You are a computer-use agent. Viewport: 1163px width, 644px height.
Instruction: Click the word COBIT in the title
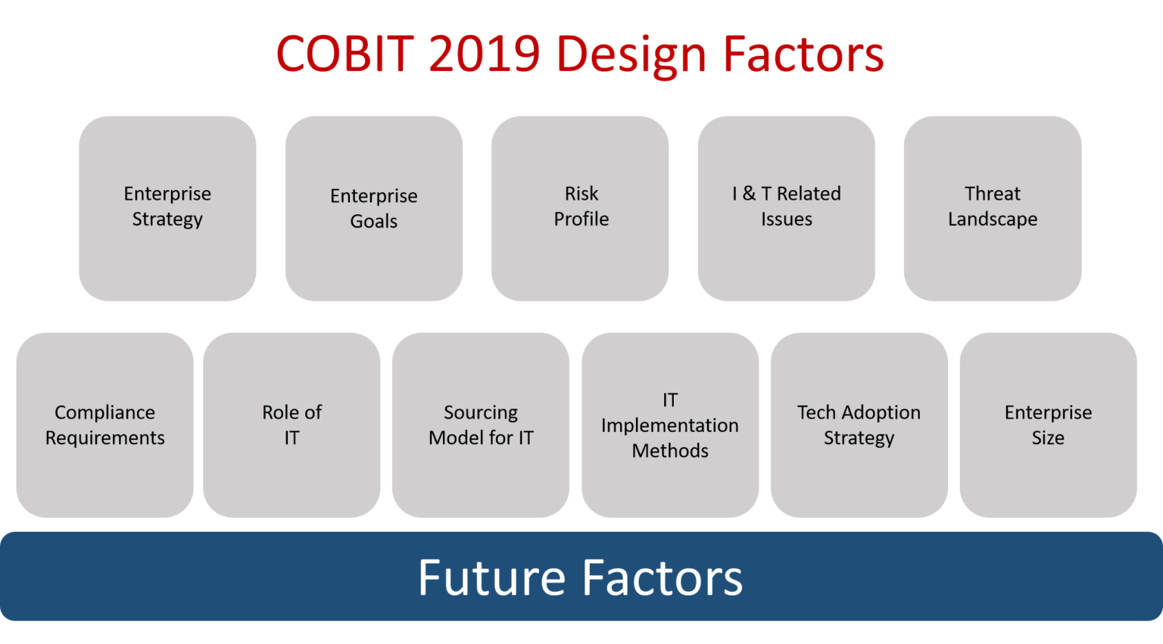pyautogui.click(x=345, y=54)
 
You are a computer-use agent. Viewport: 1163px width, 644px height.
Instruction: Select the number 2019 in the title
pyautogui.click(x=485, y=54)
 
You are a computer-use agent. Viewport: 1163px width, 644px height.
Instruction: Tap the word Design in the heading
pyautogui.click(x=631, y=56)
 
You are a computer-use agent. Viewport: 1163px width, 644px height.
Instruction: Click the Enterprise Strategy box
pyautogui.click(x=167, y=208)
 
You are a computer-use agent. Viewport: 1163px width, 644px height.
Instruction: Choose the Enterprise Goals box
pyautogui.click(x=374, y=208)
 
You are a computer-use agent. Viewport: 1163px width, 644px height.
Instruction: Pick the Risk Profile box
pyautogui.click(x=580, y=208)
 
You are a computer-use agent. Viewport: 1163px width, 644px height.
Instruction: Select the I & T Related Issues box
pyautogui.click(x=786, y=208)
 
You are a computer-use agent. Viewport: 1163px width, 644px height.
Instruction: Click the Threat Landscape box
pyautogui.click(x=993, y=208)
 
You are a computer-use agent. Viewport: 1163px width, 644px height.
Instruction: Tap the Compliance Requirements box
pyautogui.click(x=105, y=425)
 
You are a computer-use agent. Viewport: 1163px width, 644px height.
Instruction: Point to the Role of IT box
pyautogui.click(x=292, y=425)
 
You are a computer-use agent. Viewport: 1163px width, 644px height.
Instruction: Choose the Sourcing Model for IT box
pyautogui.click(x=481, y=425)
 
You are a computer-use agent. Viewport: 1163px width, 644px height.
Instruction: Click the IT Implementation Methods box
pyautogui.click(x=670, y=425)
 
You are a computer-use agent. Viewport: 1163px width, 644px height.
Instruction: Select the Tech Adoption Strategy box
pyautogui.click(x=859, y=425)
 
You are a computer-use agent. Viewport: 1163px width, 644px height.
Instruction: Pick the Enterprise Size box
pyautogui.click(x=1048, y=425)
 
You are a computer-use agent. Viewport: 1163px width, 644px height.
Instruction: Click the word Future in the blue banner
pyautogui.click(x=491, y=577)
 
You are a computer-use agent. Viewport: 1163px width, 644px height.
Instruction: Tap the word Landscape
pyautogui.click(x=993, y=219)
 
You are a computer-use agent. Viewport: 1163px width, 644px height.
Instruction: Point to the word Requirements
pyautogui.click(x=105, y=438)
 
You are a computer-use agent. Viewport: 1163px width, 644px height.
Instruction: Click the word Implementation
pyautogui.click(x=670, y=426)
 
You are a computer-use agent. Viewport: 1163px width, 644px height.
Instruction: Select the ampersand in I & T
pyautogui.click(x=749, y=194)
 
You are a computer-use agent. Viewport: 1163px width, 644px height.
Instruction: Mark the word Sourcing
pyautogui.click(x=481, y=413)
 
